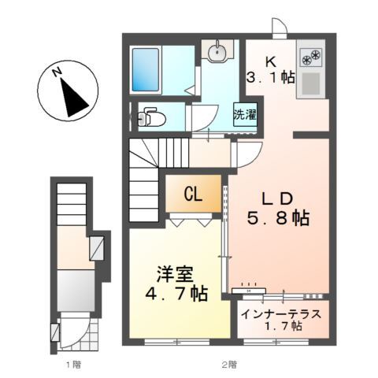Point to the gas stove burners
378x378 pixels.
tap(311, 57)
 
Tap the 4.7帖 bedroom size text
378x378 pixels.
tap(176, 295)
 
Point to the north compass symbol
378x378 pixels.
tap(69, 92)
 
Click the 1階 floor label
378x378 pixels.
tap(72, 365)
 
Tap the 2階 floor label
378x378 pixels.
tap(228, 365)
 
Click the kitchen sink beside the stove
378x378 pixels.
tap(311, 83)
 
